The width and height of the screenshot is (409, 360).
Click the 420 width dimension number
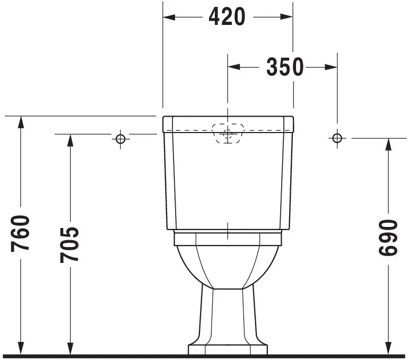click(x=227, y=17)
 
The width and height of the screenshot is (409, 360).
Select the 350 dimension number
click(x=285, y=67)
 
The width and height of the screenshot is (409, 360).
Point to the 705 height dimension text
click(x=69, y=244)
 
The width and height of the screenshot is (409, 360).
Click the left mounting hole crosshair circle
click(x=120, y=138)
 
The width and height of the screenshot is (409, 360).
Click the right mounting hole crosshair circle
click(x=336, y=138)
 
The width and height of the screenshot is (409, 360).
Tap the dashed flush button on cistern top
click(x=228, y=133)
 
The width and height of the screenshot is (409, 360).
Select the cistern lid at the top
click(x=228, y=123)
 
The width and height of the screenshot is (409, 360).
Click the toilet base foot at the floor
click(x=228, y=349)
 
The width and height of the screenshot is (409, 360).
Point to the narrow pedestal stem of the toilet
click(x=228, y=313)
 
